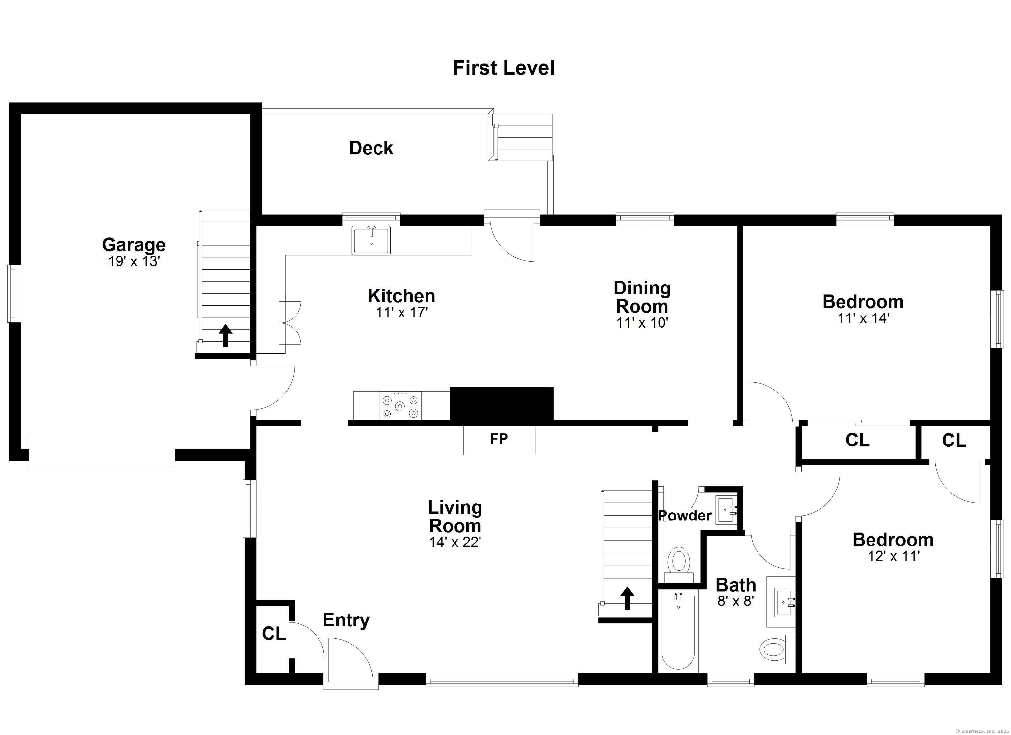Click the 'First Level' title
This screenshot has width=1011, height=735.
click(x=504, y=68)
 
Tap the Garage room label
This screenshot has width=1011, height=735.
click(x=134, y=245)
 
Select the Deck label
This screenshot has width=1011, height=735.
click(x=371, y=148)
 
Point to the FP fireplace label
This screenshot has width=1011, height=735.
click(x=499, y=439)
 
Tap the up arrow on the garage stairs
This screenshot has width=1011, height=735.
click(x=225, y=336)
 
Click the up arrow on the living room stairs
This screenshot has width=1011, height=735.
click(x=627, y=598)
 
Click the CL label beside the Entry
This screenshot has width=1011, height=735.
click(x=274, y=633)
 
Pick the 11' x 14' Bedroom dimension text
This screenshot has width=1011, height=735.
click(x=864, y=318)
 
